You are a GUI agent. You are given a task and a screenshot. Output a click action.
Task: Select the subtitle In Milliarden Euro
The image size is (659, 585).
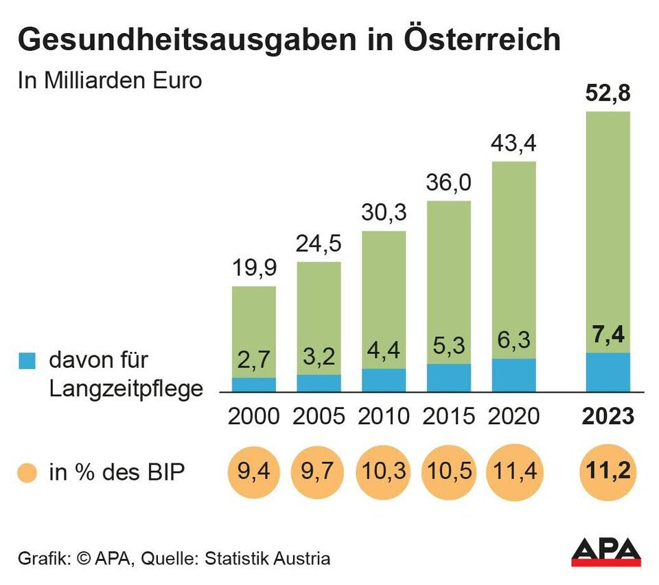(x=110, y=80)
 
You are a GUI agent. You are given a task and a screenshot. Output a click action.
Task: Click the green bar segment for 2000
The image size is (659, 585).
(x=254, y=323)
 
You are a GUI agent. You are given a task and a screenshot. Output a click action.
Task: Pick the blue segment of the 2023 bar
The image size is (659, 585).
(x=608, y=372)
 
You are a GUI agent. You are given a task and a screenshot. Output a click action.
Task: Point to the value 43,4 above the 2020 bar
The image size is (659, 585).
(x=513, y=144)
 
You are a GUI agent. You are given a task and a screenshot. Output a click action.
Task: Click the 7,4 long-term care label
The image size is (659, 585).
(x=608, y=338)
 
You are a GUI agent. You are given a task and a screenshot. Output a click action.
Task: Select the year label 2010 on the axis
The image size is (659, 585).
(x=384, y=417)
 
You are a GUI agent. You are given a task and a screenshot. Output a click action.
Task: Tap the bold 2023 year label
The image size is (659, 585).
(x=608, y=417)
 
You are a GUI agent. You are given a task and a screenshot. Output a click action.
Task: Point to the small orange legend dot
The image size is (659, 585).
(x=27, y=473)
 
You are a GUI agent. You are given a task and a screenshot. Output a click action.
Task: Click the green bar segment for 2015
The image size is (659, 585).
(x=449, y=275)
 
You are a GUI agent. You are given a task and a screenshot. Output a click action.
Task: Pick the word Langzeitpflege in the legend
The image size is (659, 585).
(x=126, y=389)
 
